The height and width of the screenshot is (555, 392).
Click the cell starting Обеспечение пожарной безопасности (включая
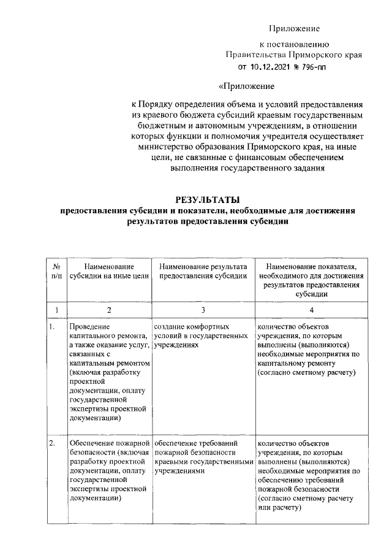tap(108, 470)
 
